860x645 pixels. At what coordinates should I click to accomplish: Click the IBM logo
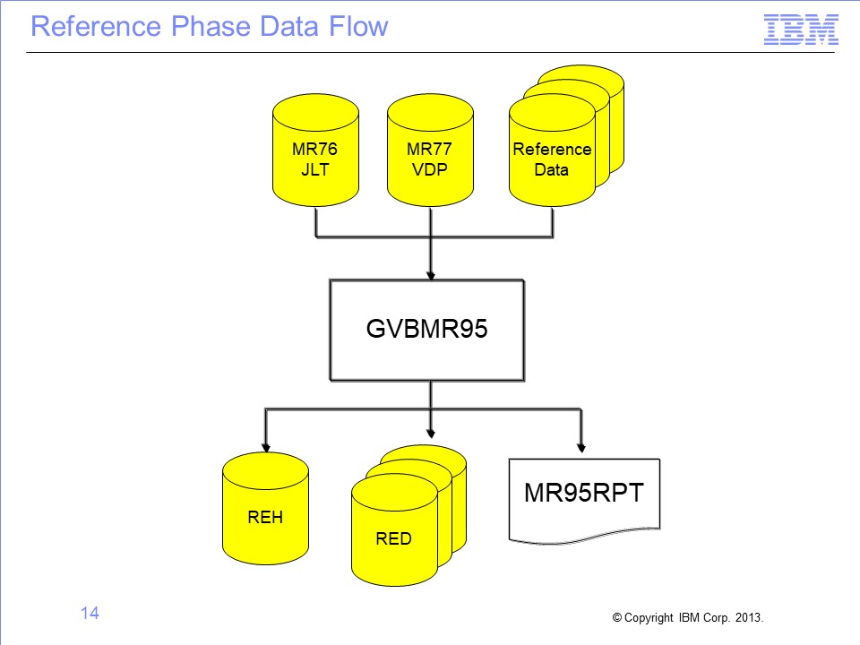801,30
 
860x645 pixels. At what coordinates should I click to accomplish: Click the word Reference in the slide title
96,26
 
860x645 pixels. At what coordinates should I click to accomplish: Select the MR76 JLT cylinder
315,150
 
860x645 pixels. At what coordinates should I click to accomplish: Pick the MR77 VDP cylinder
430,150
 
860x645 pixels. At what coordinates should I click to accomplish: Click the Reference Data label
552,159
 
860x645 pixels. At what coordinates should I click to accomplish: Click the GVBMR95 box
426,330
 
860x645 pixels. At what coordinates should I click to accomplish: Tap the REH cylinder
265,509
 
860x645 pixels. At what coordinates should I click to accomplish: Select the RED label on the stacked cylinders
393,538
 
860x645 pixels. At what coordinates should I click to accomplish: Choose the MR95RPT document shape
584,500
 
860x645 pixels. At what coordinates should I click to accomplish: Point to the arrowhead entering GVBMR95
431,275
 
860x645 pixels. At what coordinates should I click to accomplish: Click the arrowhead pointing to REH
266,448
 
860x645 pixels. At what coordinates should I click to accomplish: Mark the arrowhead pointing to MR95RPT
581,448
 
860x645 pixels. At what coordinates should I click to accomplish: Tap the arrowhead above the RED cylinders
431,434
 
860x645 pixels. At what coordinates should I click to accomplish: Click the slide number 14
90,613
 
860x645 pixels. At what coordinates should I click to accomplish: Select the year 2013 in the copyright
749,617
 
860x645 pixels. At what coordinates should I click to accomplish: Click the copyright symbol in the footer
617,617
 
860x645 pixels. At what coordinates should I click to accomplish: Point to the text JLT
314,169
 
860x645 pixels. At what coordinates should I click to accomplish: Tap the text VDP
429,169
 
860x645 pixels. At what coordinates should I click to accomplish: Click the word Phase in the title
211,26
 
